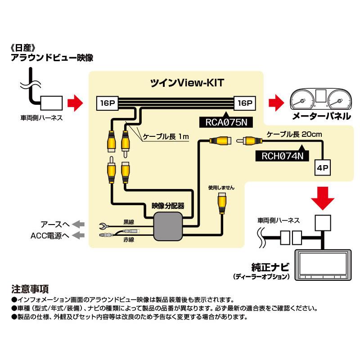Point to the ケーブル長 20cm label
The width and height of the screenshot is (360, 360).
pyautogui.click(x=288, y=134)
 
